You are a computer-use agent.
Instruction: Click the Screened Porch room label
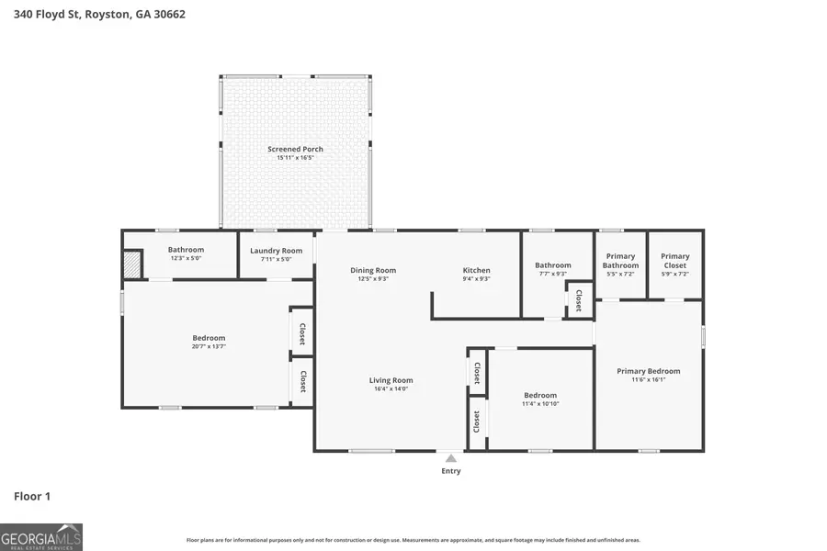(295, 149)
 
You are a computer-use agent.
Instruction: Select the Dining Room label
(373, 270)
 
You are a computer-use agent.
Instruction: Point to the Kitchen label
(476, 270)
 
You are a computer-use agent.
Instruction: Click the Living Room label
(391, 380)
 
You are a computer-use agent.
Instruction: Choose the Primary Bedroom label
(649, 371)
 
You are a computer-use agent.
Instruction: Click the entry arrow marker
(450, 457)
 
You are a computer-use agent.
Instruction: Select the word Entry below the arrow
(450, 471)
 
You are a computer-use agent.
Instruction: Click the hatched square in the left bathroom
(133, 264)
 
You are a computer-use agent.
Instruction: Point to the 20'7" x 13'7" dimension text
(209, 347)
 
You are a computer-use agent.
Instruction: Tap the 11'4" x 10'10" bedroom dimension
(540, 404)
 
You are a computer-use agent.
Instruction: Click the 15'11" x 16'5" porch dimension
(295, 158)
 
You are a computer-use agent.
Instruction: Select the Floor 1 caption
(32, 496)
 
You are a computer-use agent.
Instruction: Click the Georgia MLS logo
(41, 536)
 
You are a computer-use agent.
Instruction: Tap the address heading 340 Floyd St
(100, 15)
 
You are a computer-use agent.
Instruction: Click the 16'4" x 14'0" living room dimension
(391, 389)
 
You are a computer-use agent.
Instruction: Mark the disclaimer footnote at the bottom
(413, 540)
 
